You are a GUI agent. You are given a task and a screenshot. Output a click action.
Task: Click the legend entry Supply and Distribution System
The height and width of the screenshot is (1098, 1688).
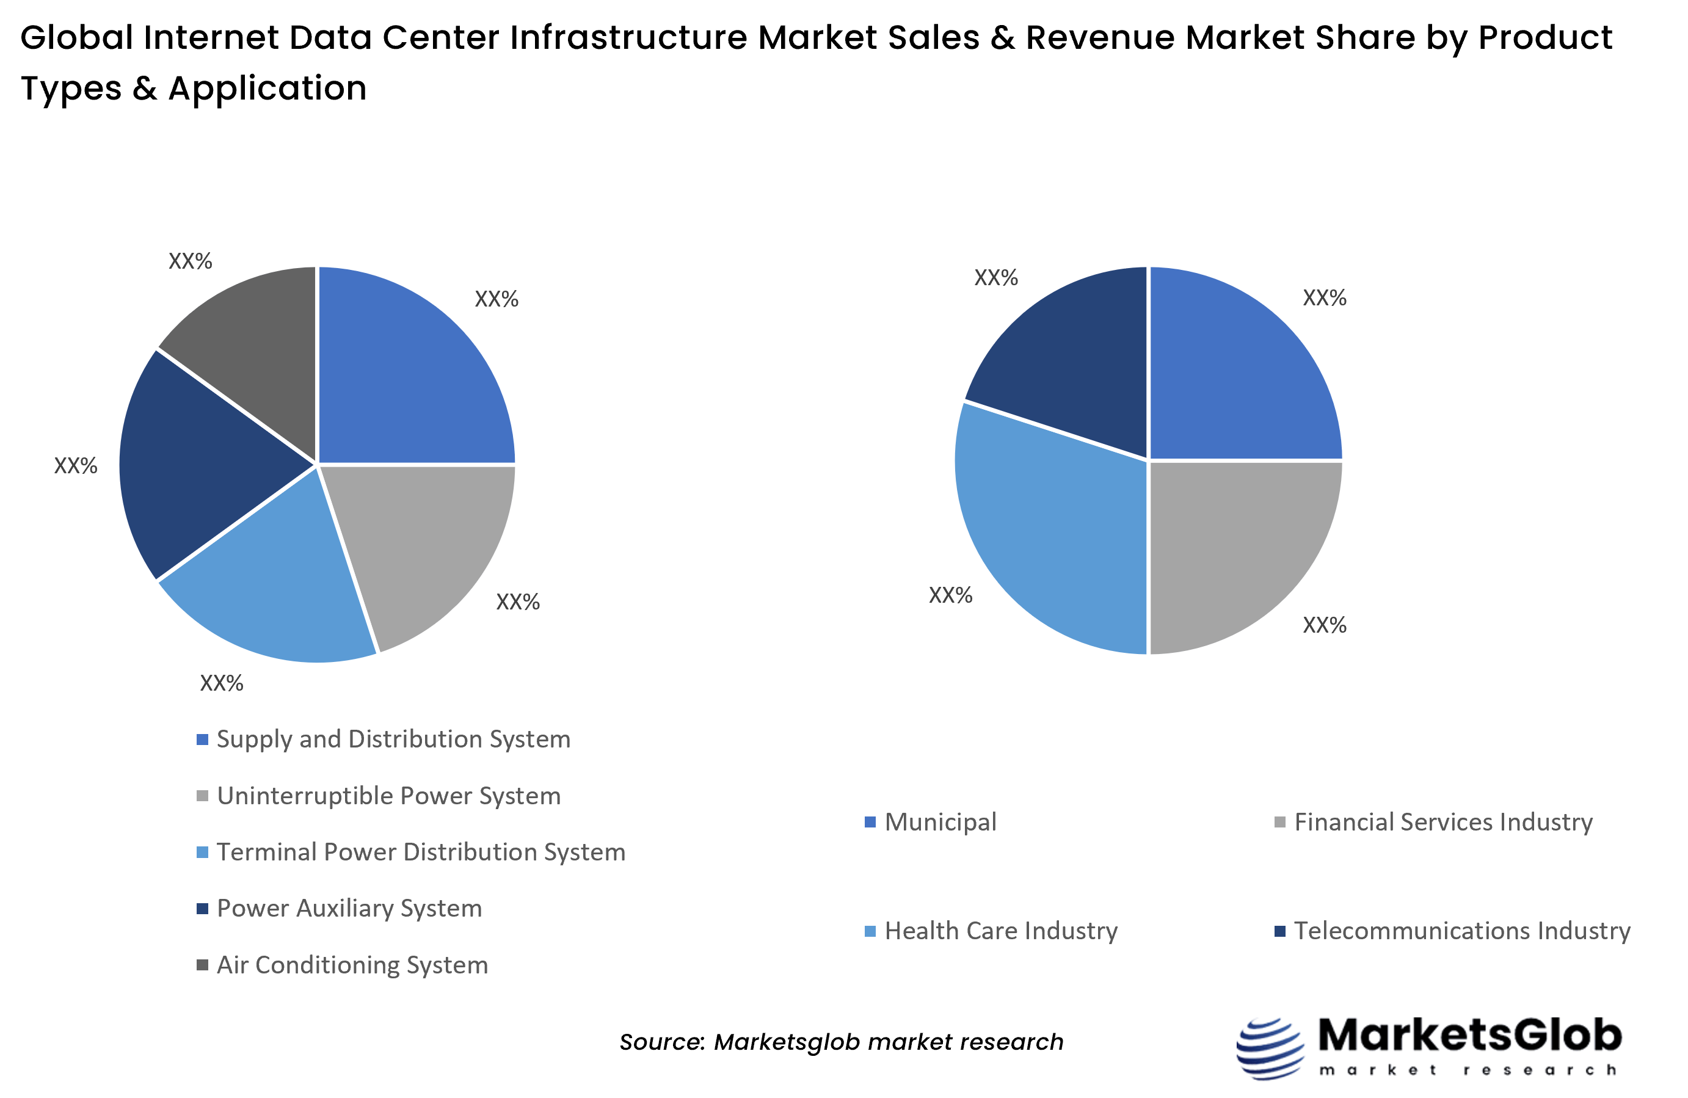click(393, 739)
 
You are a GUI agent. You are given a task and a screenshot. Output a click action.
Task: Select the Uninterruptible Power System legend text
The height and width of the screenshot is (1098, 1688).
click(388, 796)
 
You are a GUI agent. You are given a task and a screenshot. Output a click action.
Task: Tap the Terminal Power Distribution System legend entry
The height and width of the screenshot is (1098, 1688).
click(421, 852)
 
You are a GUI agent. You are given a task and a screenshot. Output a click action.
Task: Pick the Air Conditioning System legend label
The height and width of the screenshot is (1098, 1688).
click(352, 965)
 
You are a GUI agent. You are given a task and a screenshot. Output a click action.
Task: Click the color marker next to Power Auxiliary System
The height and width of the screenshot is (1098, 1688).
click(202, 909)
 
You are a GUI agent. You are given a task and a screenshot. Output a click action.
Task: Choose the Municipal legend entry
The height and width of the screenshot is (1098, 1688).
click(940, 822)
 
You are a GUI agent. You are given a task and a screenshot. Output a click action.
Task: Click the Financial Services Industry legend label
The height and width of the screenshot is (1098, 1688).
click(1442, 822)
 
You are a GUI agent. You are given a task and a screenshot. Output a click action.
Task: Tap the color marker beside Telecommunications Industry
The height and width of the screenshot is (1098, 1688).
click(1279, 931)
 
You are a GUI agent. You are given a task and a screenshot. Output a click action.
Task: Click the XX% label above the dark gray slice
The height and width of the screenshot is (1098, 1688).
click(190, 261)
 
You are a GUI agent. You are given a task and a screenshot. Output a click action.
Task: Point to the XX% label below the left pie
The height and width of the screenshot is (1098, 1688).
click(221, 683)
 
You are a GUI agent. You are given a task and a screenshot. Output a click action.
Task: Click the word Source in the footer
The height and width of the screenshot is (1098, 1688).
click(661, 1041)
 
